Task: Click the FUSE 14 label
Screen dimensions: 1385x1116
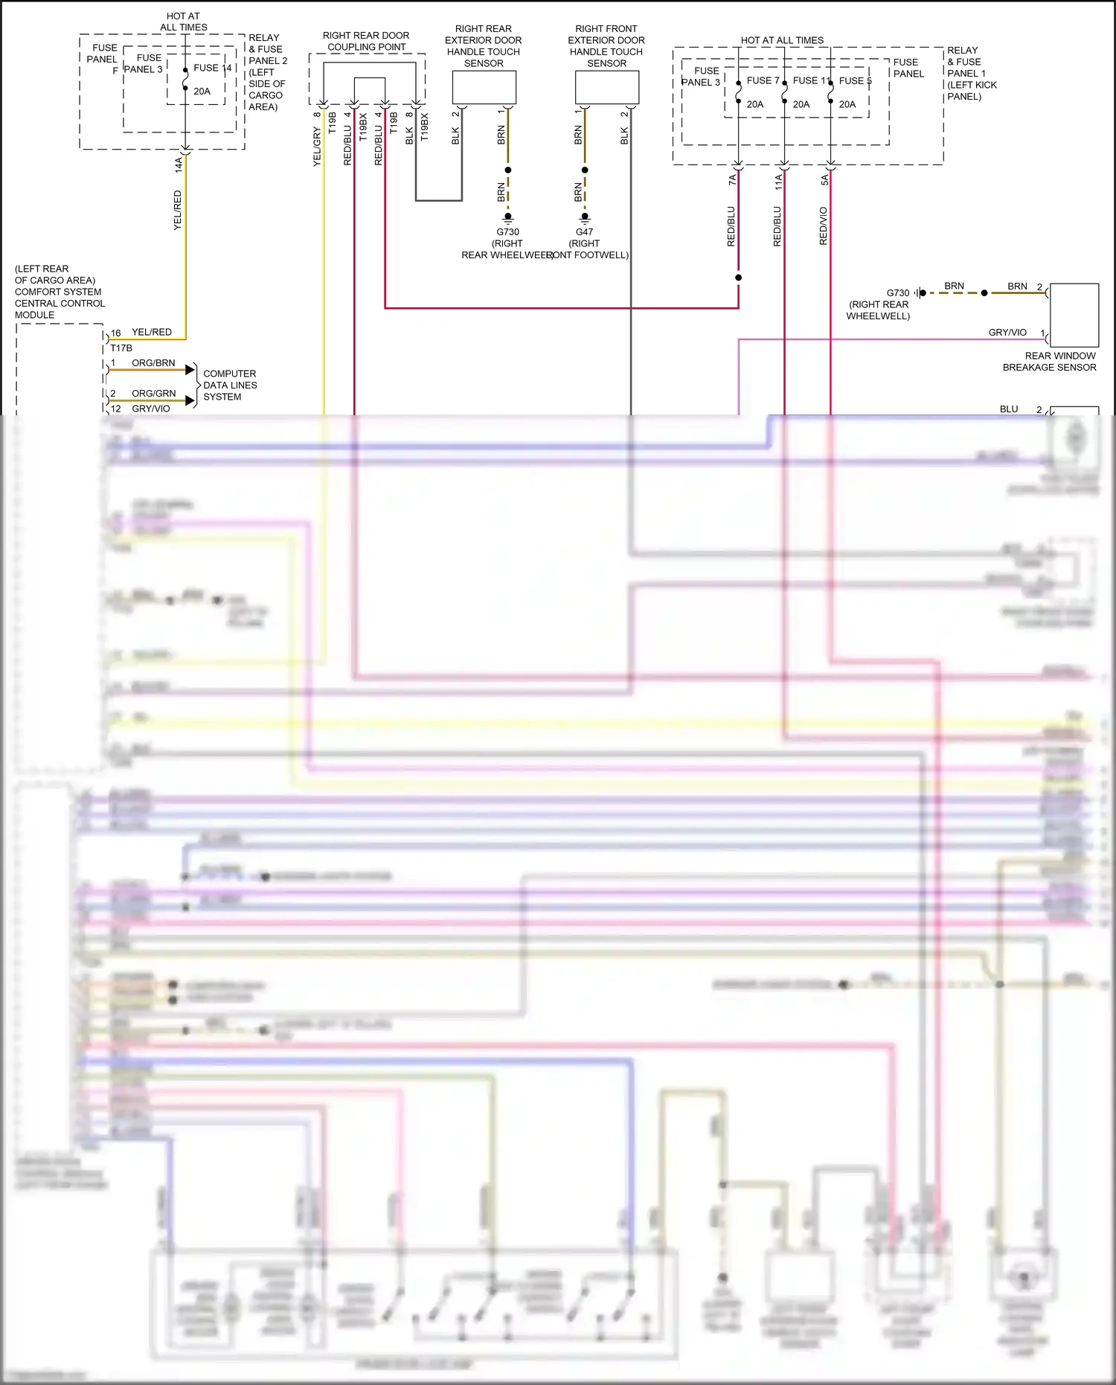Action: click(212, 68)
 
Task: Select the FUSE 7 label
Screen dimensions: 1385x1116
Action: click(763, 80)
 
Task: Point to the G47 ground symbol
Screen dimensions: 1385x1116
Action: click(585, 218)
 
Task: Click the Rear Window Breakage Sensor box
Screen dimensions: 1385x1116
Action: click(1074, 314)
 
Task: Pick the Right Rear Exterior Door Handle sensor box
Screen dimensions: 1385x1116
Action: click(484, 88)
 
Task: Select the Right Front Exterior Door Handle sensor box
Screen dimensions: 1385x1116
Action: click(606, 88)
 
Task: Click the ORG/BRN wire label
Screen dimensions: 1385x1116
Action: click(153, 363)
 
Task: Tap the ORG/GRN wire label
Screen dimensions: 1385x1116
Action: click(153, 394)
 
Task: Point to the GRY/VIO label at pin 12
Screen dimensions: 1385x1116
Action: click(150, 409)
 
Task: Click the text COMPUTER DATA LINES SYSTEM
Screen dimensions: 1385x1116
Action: click(229, 385)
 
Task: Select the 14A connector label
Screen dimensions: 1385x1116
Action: click(179, 165)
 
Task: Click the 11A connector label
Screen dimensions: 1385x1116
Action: click(778, 182)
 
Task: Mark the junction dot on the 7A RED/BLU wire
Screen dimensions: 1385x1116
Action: click(738, 278)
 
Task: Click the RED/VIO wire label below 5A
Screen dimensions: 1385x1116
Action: click(823, 225)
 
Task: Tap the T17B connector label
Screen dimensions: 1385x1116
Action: click(121, 348)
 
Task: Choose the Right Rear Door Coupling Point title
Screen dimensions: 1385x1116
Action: click(366, 41)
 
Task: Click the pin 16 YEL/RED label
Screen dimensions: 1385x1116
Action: click(151, 332)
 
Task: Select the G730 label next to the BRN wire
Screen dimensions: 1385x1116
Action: click(897, 292)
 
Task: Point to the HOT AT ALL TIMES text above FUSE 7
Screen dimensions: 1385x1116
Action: click(782, 40)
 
